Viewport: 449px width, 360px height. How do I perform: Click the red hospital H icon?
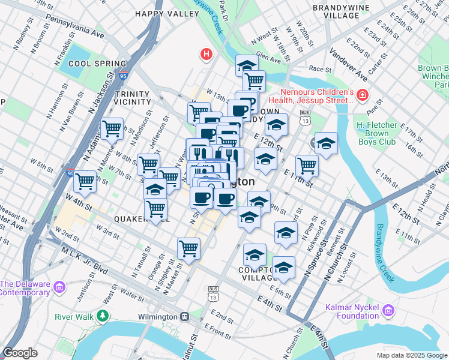(207, 55)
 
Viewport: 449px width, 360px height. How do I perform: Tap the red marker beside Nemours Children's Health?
(362, 95)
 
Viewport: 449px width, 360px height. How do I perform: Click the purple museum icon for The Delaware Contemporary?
(59, 287)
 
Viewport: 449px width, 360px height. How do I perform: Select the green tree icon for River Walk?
(103, 316)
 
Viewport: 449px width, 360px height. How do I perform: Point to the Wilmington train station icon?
(185, 316)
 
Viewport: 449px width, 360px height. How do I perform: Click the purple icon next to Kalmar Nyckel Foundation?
(388, 311)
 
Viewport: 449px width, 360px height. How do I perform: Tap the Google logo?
(20, 353)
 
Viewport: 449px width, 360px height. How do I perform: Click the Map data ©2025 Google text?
(412, 355)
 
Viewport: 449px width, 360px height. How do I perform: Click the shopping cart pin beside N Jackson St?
(112, 128)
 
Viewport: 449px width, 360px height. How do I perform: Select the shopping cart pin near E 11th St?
(307, 165)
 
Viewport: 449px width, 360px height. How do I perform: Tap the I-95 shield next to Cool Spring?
(123, 76)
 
